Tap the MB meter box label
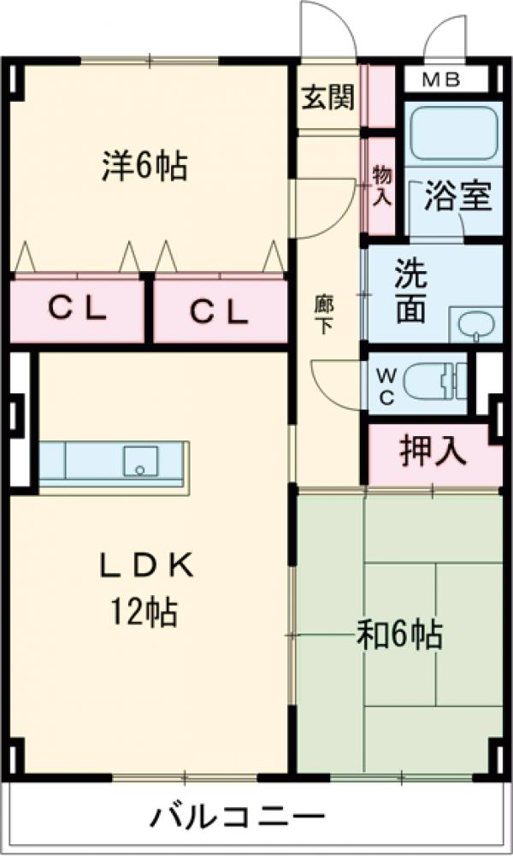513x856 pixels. point(443,81)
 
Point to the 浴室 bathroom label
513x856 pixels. point(458,197)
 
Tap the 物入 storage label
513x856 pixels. point(381,186)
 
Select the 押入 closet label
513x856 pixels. point(433,452)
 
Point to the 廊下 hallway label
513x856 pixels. point(324,313)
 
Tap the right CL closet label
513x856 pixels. point(219,311)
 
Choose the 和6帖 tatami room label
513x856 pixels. point(398,635)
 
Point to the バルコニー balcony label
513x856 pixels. point(239,818)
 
